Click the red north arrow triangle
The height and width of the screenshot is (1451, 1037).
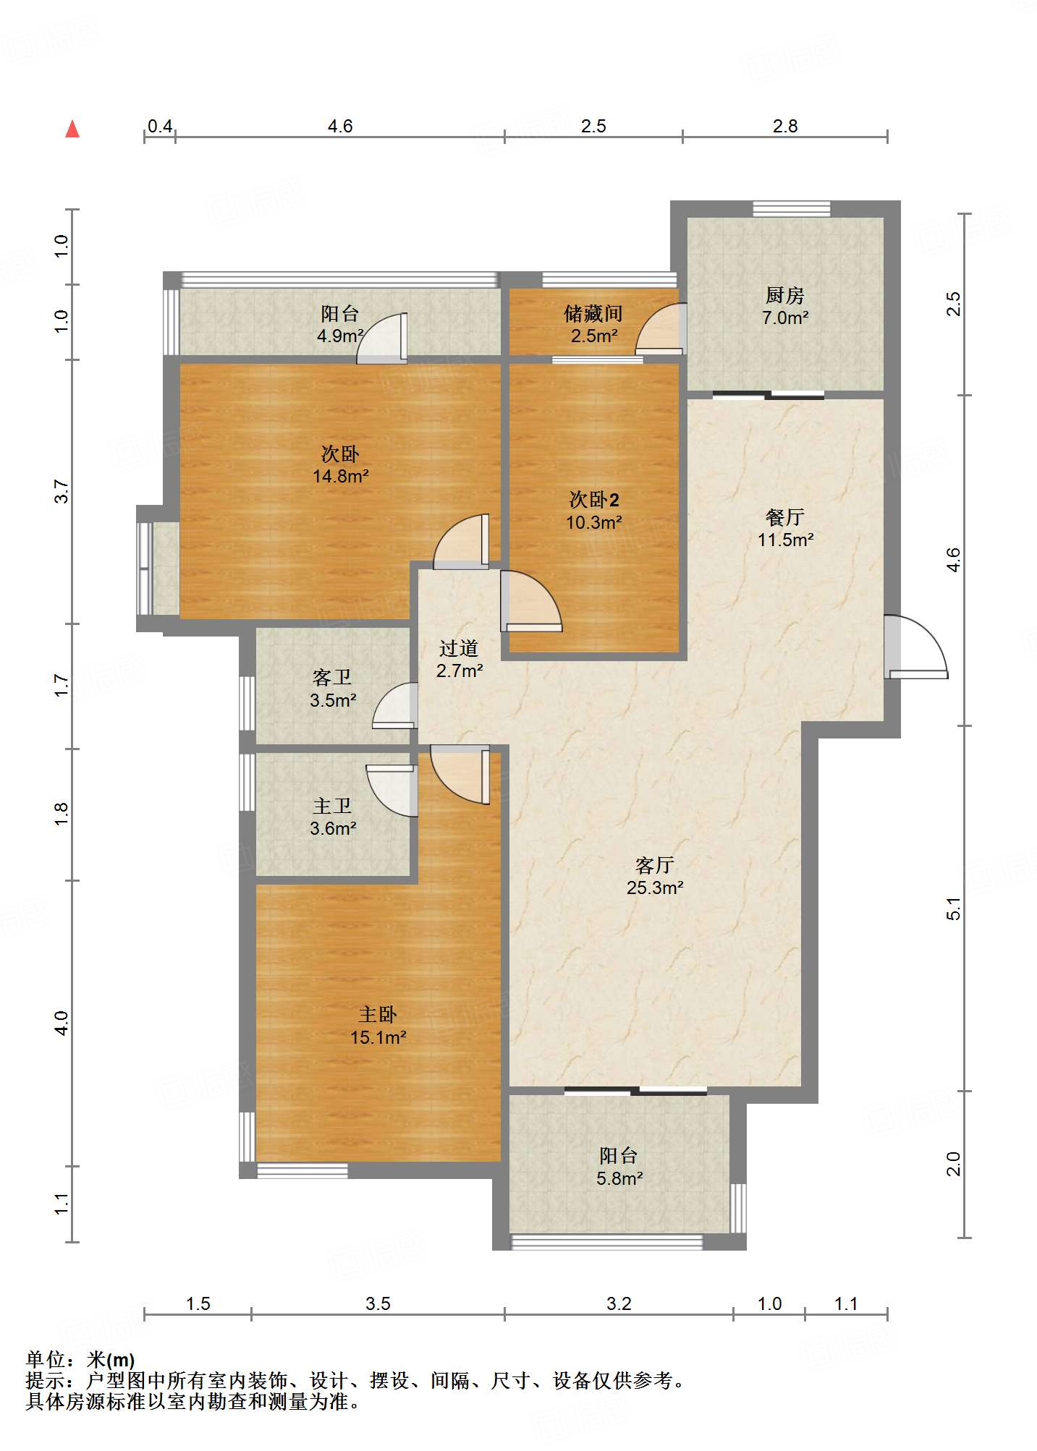(x=72, y=129)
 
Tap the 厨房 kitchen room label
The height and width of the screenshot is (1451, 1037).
(x=785, y=295)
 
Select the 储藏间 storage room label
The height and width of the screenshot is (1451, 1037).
(x=593, y=313)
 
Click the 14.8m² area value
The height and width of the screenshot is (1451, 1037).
(x=341, y=476)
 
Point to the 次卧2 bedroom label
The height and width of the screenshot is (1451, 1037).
(x=594, y=499)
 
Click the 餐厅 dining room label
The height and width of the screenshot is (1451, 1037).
(x=785, y=517)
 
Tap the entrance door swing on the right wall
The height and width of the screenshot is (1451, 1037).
(x=915, y=647)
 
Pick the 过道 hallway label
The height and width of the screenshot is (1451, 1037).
(x=459, y=648)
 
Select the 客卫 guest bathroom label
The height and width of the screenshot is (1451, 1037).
(x=332, y=677)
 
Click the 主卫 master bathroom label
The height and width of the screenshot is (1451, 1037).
(x=332, y=806)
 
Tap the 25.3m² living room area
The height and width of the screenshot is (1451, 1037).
(x=655, y=888)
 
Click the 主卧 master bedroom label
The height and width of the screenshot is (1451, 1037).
(x=378, y=1015)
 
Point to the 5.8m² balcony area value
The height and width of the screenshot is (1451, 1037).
(x=619, y=1178)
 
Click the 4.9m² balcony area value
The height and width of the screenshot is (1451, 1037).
(x=340, y=336)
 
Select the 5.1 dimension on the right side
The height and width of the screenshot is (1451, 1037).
(x=954, y=909)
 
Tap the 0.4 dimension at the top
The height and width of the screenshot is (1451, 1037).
(x=160, y=126)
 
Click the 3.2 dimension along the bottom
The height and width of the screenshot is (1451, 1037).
(x=619, y=1303)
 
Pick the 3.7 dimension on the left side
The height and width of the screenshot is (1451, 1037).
(x=62, y=492)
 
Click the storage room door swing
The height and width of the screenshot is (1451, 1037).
(x=661, y=329)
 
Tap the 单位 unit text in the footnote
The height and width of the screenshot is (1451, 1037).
(x=46, y=1361)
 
